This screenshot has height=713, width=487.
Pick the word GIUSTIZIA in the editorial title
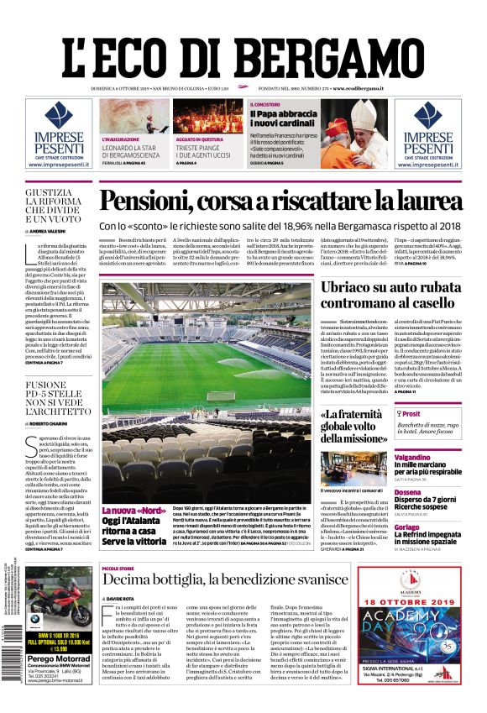click(55, 193)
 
